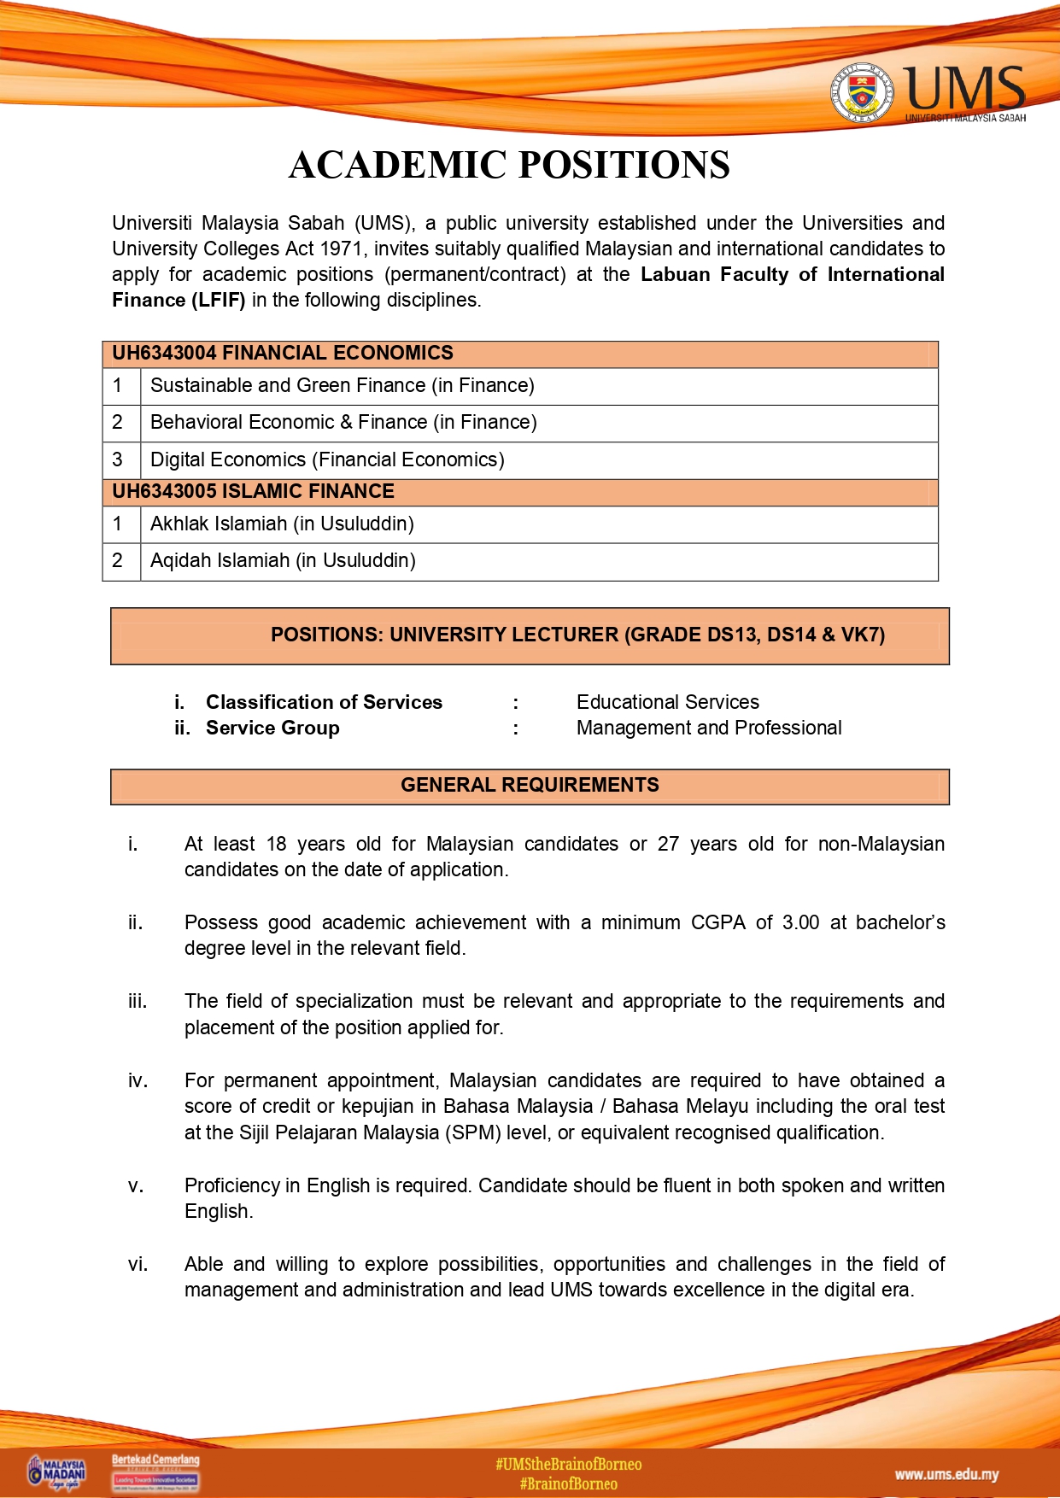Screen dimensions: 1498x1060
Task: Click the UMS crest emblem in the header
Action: coord(863,92)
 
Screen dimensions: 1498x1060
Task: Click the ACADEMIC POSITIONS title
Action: coord(509,165)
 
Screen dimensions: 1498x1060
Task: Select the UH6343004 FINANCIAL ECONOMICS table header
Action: coord(283,354)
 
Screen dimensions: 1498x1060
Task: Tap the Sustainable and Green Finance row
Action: coord(342,386)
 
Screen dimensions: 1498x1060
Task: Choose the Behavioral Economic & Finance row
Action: coord(343,423)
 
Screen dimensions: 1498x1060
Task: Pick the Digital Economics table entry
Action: coord(327,460)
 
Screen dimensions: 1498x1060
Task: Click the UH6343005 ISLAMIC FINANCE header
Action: coord(253,492)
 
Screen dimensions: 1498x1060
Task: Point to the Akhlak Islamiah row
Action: coord(282,524)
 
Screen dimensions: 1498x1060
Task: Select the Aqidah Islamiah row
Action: coord(283,561)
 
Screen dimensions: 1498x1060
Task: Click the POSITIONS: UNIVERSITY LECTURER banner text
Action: coord(577,635)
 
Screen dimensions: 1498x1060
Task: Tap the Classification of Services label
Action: coord(324,703)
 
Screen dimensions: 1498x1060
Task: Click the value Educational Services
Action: coord(667,703)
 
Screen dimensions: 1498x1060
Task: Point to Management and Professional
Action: coord(708,729)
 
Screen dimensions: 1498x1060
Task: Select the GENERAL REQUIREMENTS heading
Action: coord(530,786)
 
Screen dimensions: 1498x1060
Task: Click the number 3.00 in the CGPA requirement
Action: coord(800,923)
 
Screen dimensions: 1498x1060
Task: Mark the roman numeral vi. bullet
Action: coord(138,1265)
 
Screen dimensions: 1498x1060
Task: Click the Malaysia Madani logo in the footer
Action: coord(57,1472)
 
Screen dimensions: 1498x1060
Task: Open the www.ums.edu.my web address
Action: coord(946,1475)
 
